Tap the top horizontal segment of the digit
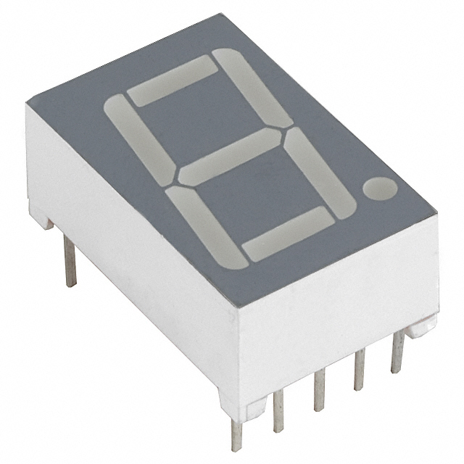[172, 80]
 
